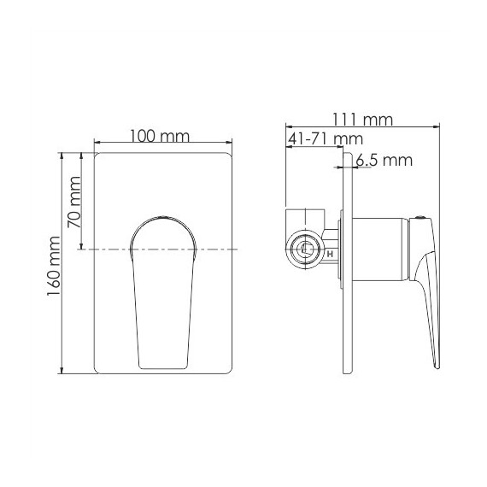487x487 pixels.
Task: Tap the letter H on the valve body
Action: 330,253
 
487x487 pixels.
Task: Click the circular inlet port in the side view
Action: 303,250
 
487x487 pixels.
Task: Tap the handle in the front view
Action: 163,290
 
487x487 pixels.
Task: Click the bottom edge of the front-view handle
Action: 163,367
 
